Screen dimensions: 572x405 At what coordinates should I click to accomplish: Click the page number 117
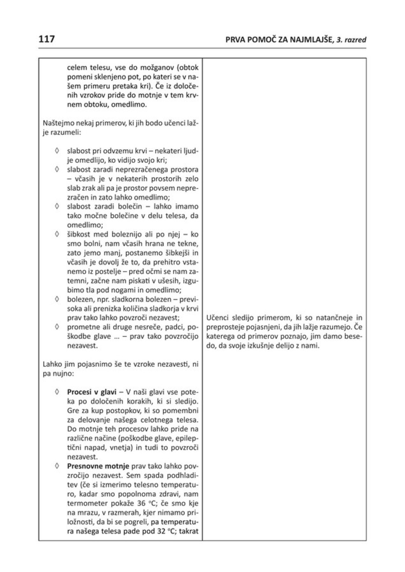click(46, 39)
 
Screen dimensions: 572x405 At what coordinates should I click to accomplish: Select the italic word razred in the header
click(354, 40)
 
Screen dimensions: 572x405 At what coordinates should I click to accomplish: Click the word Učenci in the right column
click(218, 318)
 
